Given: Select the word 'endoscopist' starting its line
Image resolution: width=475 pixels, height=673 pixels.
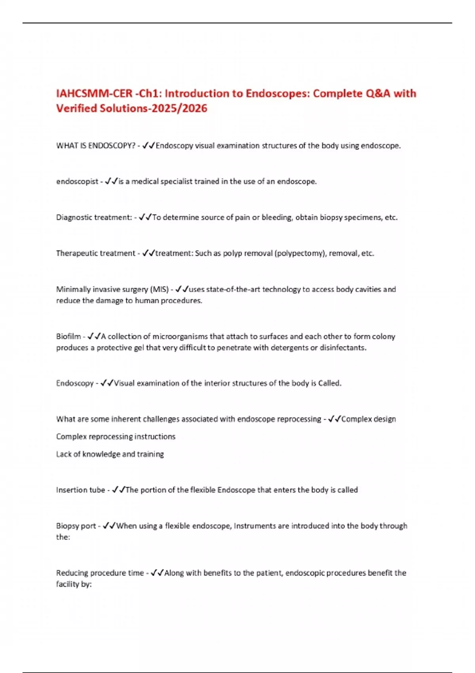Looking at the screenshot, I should [x=77, y=182].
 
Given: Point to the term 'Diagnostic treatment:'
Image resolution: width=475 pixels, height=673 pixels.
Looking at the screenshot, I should [x=94, y=217].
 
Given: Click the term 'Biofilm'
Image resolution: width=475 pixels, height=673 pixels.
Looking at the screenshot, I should [x=68, y=336].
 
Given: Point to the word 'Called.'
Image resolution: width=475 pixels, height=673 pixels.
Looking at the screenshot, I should [x=330, y=383].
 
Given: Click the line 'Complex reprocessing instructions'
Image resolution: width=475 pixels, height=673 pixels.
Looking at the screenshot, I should [x=116, y=437].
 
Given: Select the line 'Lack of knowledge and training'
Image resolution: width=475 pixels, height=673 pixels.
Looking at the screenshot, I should [x=110, y=454].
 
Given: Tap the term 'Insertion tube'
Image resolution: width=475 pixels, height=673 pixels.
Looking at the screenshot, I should [x=80, y=490].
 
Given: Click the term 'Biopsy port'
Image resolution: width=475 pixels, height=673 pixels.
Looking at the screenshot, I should [x=76, y=526].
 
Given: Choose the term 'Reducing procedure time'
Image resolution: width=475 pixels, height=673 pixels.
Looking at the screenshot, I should [x=100, y=573].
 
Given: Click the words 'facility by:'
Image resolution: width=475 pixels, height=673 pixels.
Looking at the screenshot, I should [x=74, y=584].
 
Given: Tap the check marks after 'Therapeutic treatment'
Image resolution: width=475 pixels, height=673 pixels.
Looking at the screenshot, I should [x=148, y=253].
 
